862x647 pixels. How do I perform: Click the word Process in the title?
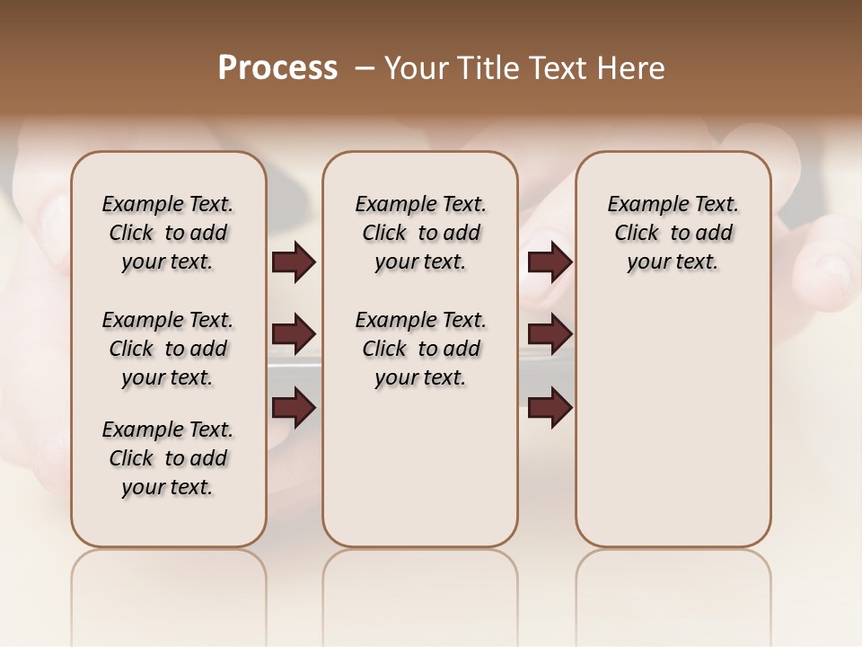(277, 68)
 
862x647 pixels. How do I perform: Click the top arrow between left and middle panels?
(294, 261)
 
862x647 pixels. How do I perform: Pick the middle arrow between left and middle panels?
(294, 334)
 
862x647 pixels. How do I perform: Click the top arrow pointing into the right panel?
(550, 261)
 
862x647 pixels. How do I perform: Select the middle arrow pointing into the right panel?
(550, 334)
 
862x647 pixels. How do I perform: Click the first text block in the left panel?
(167, 233)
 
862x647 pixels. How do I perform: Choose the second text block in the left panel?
(167, 349)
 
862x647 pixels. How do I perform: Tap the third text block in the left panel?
(167, 458)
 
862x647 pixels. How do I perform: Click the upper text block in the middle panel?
(420, 233)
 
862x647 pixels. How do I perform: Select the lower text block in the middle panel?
(420, 349)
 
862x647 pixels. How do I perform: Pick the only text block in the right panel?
(673, 233)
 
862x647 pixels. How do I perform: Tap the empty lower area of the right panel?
(673, 422)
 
